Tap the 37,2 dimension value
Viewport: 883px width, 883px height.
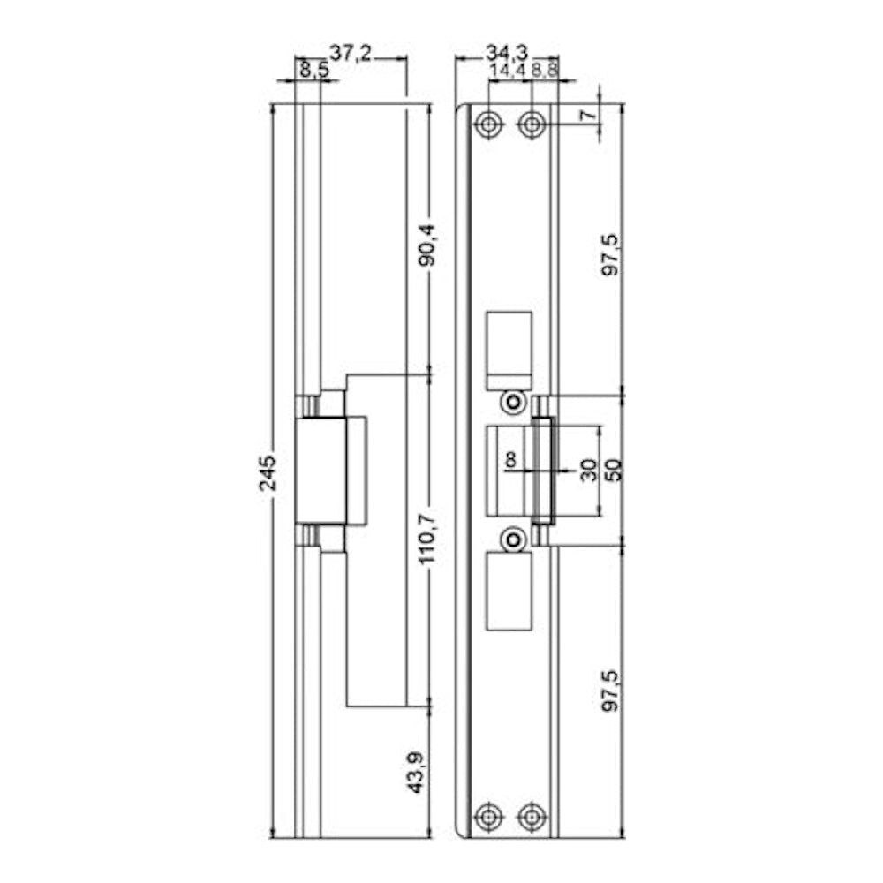pyautogui.click(x=351, y=54)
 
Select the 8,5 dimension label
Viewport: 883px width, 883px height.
pyautogui.click(x=313, y=71)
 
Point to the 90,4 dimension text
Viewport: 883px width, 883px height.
pyautogui.click(x=427, y=245)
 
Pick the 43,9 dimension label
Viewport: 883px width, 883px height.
pyautogui.click(x=417, y=773)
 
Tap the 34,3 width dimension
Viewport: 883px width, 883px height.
pyautogui.click(x=507, y=53)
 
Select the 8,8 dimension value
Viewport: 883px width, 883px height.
pyautogui.click(x=544, y=71)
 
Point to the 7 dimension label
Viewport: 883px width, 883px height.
pyautogui.click(x=589, y=115)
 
